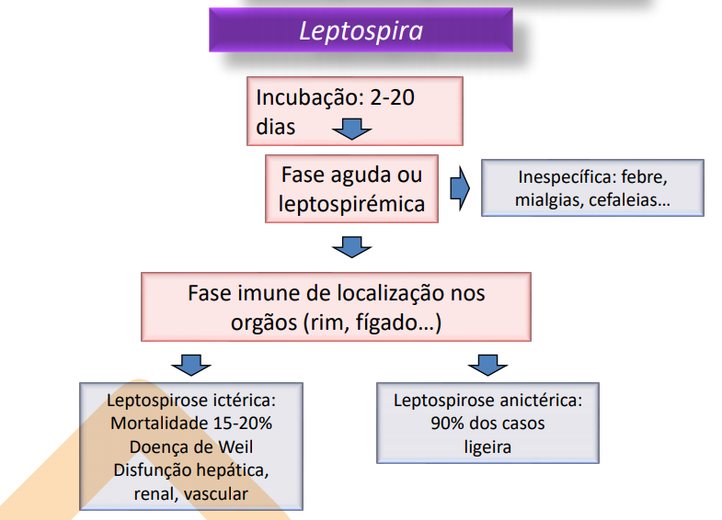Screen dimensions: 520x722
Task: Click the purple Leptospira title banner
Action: point(361,30)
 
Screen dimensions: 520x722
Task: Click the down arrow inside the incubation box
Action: point(350,129)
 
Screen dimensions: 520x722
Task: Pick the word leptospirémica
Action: point(352,203)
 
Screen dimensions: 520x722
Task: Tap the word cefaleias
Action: point(632,200)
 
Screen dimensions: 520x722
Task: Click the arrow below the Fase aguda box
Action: point(350,246)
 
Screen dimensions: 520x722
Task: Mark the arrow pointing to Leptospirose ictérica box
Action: point(189,365)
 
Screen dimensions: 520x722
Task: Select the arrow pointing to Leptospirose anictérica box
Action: point(487,365)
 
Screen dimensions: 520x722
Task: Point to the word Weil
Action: point(233,447)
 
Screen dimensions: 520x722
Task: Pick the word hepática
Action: point(236,470)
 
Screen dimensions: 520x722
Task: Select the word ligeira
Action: point(487,447)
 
